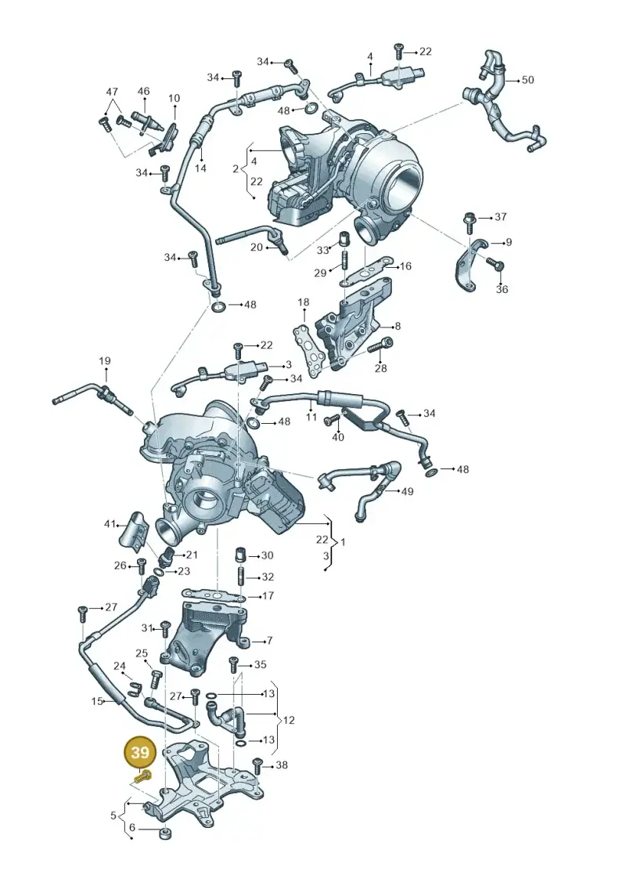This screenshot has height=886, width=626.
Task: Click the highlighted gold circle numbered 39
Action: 140,753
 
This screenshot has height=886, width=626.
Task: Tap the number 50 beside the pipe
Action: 527,80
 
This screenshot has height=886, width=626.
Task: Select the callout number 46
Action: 143,91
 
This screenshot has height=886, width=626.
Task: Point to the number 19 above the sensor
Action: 105,360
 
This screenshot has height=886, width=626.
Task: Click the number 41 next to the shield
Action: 110,524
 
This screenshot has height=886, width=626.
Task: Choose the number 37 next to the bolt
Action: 501,216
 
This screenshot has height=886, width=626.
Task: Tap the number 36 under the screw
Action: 502,289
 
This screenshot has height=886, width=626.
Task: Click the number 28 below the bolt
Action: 381,368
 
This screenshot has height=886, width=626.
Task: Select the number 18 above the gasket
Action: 304,302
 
